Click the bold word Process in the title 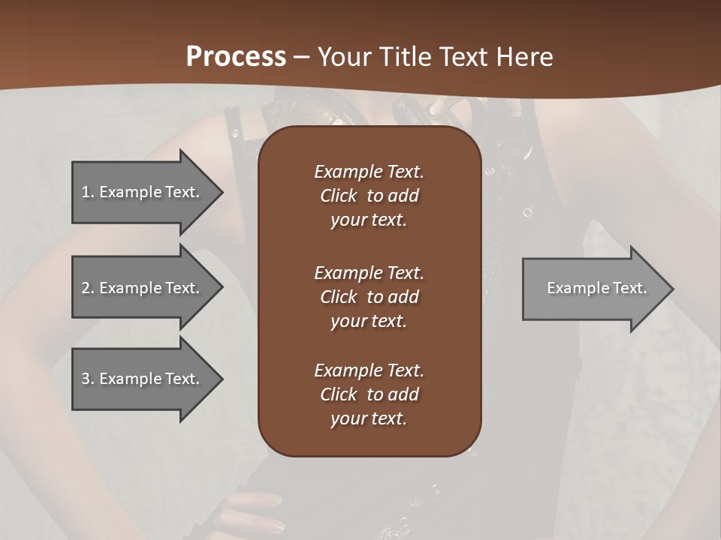(x=236, y=57)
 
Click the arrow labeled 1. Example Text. (x=143, y=192)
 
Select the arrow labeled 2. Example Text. (x=143, y=288)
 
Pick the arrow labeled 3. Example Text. (x=143, y=379)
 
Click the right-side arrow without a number (x=593, y=288)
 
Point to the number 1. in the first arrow (x=88, y=192)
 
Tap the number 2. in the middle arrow (x=88, y=288)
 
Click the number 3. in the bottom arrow (x=88, y=379)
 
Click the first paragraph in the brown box (x=369, y=196)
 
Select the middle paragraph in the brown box (x=369, y=297)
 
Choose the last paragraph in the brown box (x=369, y=394)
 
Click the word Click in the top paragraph (x=338, y=196)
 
